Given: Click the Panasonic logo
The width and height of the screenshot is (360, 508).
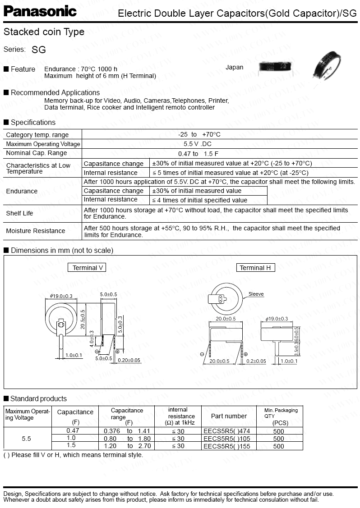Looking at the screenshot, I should click(40, 11).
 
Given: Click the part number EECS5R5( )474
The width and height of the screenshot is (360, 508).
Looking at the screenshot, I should click(226, 431).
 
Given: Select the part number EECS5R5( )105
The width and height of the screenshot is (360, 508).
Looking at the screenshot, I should click(226, 438).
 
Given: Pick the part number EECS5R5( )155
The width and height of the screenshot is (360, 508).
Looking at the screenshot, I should click(226, 446).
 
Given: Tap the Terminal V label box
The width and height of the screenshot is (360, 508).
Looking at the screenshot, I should click(88, 268).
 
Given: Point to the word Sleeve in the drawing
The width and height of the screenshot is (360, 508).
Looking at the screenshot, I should click(256, 294).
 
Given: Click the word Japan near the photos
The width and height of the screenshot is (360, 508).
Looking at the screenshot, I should click(234, 67).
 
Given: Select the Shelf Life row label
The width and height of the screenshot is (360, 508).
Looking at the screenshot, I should click(19, 213).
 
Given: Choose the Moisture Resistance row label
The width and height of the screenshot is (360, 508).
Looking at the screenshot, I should click(36, 231).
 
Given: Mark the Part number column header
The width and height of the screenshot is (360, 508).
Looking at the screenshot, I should click(229, 416).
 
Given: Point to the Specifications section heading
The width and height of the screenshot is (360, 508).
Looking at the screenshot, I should click(33, 122).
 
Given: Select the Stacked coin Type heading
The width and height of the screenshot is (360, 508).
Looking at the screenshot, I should click(44, 32).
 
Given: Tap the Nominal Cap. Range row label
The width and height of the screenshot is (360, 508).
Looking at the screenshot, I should click(37, 153).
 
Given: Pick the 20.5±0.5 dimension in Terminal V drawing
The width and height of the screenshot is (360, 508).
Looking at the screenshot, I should click(83, 319).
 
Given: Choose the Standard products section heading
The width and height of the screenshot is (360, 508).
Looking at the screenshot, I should click(38, 398).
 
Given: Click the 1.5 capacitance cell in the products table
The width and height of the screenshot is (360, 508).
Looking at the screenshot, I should click(71, 445).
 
